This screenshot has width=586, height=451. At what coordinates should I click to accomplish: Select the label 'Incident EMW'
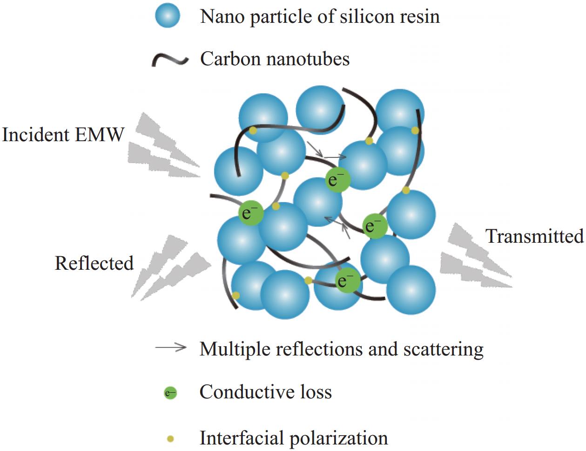[63, 135]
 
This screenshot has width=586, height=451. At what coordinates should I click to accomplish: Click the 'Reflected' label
[94, 263]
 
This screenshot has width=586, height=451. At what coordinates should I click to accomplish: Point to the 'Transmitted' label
[535, 236]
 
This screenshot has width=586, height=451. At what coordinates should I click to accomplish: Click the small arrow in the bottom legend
[171, 348]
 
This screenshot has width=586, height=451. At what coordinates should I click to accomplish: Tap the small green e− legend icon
[170, 393]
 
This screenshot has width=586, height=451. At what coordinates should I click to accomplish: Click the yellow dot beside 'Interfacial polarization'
[170, 438]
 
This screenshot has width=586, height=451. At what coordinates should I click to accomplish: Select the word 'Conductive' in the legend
[242, 392]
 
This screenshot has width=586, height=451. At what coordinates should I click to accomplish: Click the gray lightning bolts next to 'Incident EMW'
[161, 147]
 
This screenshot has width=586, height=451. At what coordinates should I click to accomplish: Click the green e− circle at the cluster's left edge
[251, 213]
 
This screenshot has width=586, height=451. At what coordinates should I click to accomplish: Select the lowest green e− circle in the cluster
[348, 280]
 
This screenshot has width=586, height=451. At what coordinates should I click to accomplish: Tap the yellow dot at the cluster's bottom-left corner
[236, 295]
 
